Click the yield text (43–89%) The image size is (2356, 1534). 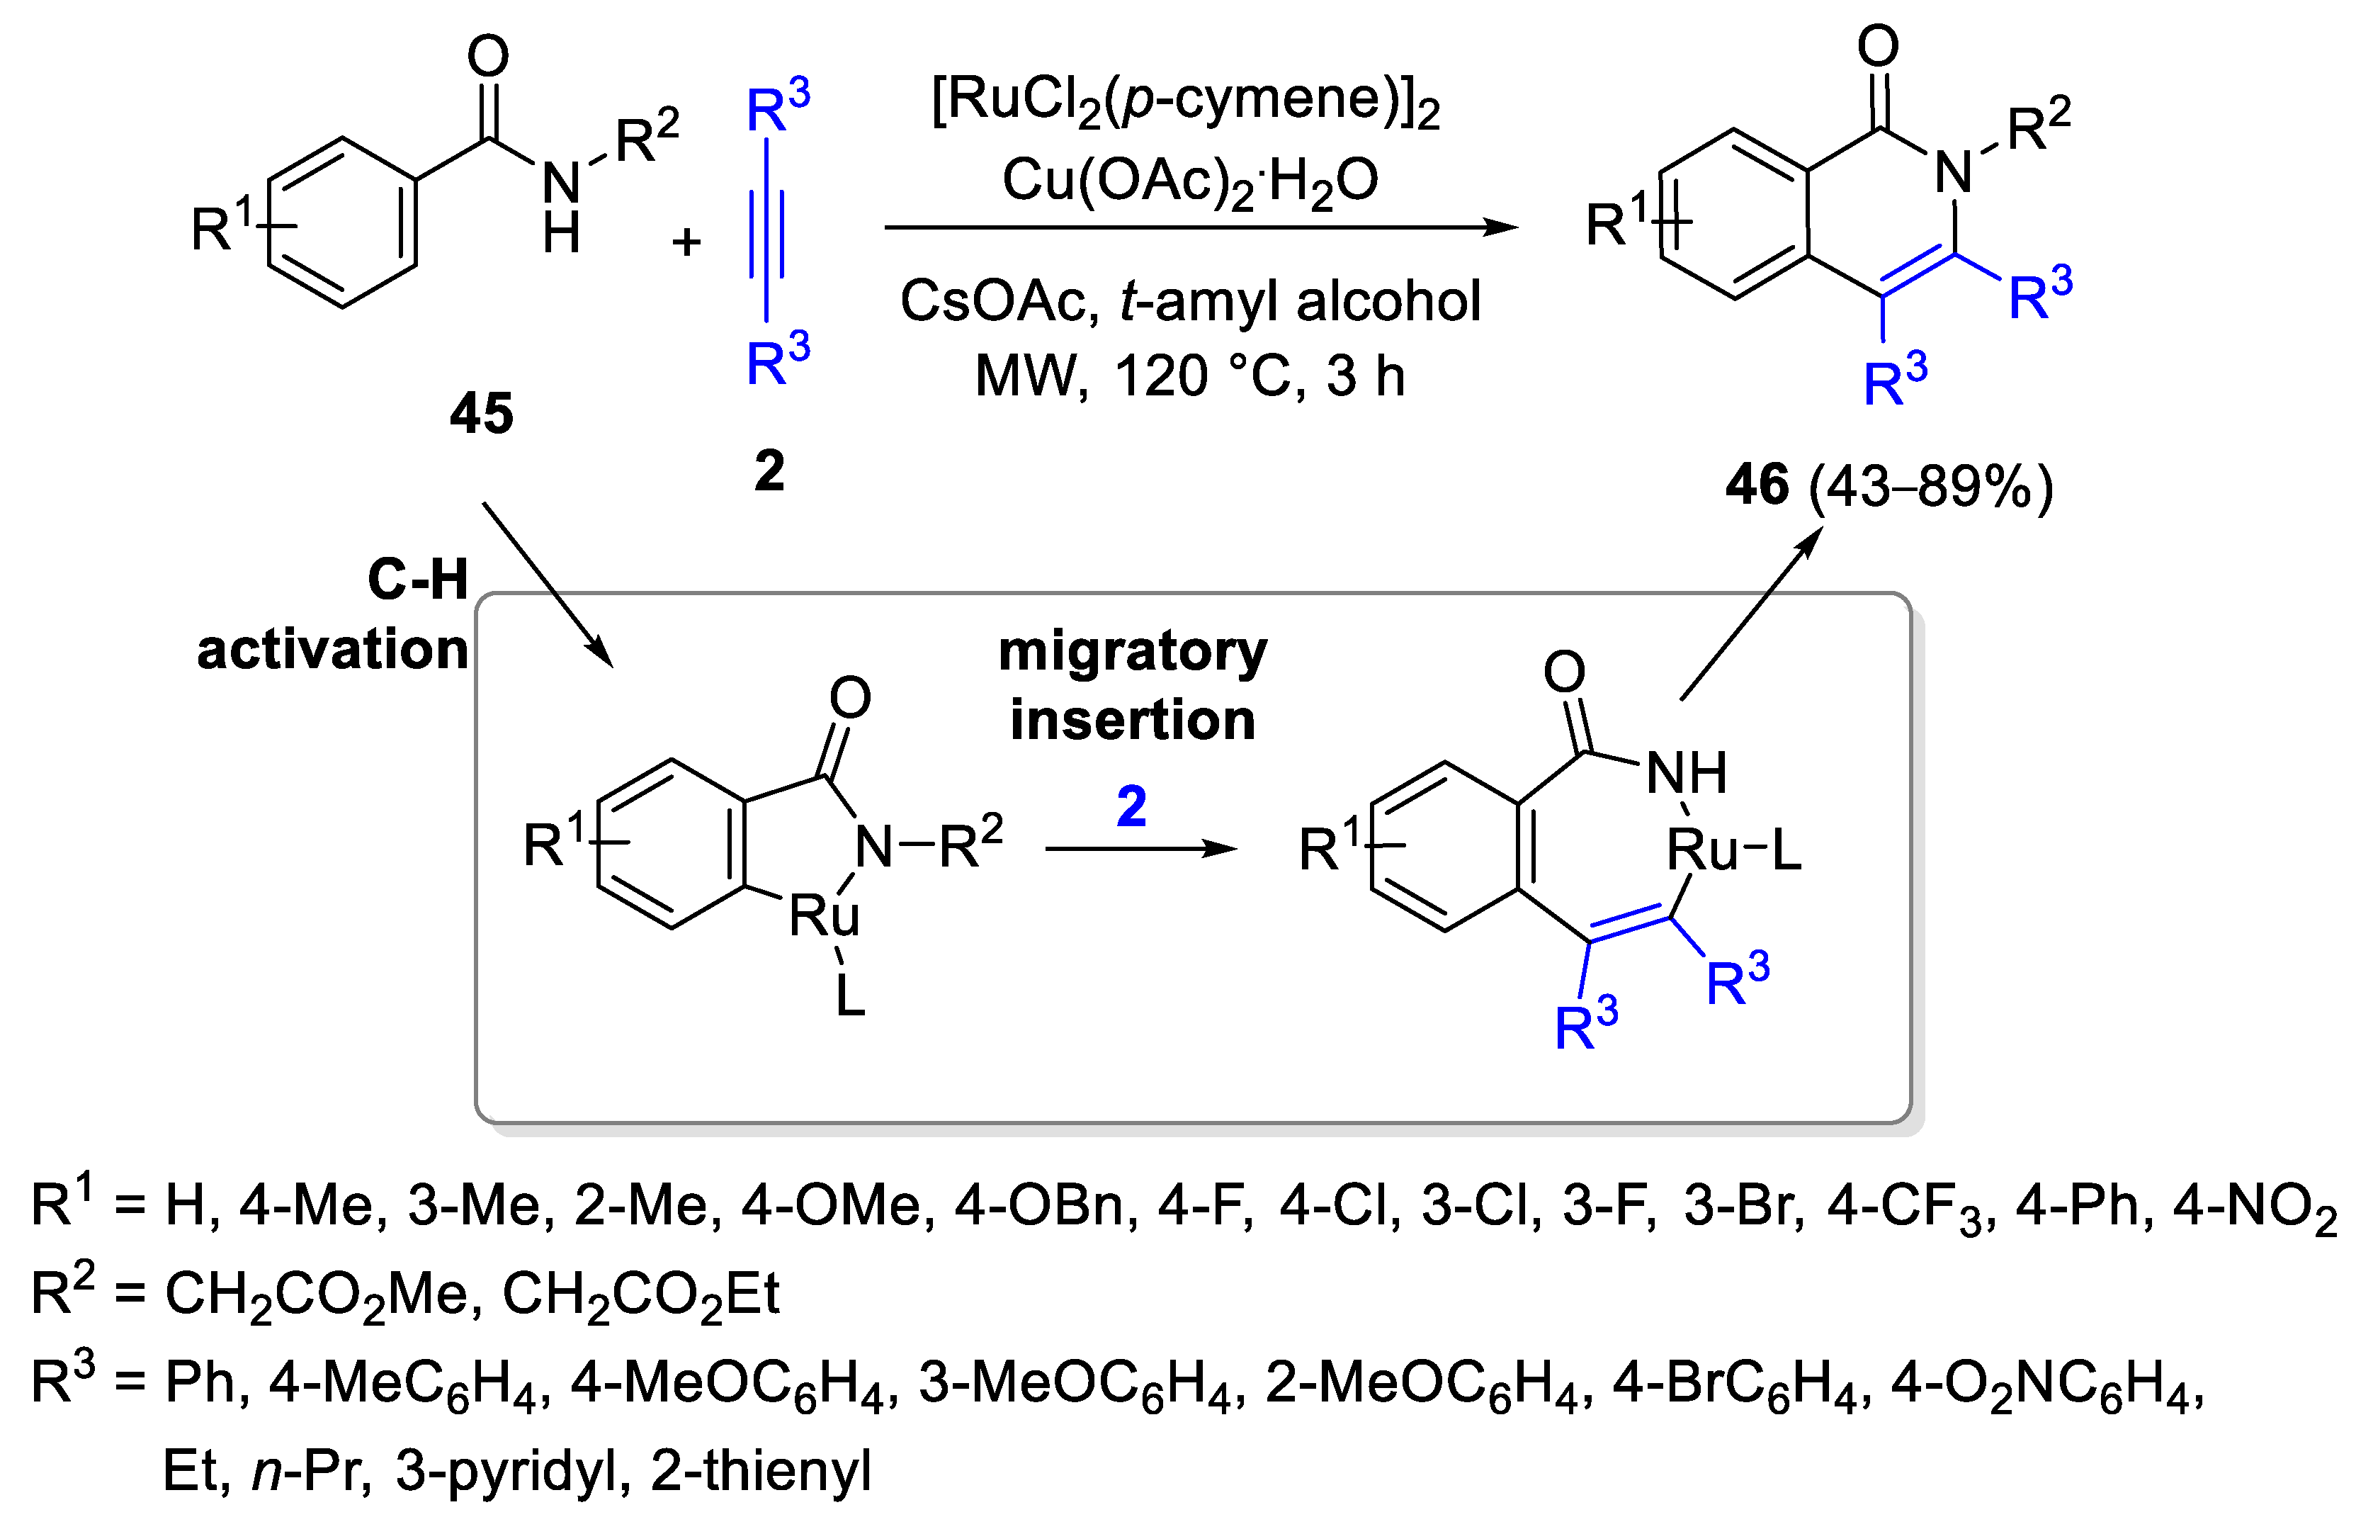(1930, 487)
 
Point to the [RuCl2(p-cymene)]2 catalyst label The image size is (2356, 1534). (1185, 102)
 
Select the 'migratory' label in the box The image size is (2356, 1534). (1131, 652)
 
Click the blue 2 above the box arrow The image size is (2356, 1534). (1131, 806)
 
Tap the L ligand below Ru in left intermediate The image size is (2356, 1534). (849, 996)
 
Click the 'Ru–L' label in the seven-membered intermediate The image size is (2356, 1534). (1733, 850)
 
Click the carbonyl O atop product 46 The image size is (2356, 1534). (1877, 47)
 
